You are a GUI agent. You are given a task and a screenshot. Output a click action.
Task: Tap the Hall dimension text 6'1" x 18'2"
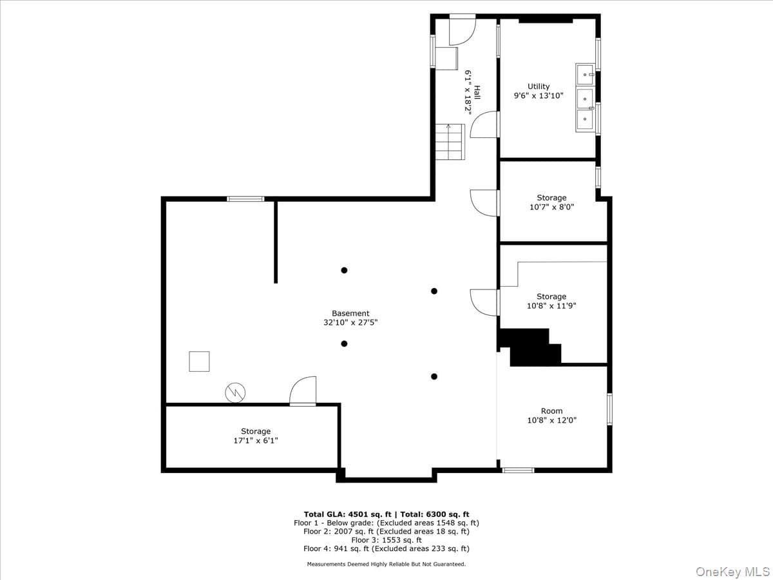468,92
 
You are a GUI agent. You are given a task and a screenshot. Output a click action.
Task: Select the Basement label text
350,313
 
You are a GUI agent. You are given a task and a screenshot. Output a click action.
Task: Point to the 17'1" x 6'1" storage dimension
256,441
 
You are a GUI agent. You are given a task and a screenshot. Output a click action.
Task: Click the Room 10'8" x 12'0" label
552,416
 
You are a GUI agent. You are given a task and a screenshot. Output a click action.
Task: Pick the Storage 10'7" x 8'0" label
552,202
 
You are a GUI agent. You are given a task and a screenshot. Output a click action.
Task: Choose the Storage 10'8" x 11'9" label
551,301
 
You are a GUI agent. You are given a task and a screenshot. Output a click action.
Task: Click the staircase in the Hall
450,142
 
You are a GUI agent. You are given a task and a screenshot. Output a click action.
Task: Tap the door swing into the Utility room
485,124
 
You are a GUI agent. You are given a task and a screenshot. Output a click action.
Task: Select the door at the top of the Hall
463,30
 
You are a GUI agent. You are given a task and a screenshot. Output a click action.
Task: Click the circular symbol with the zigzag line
235,392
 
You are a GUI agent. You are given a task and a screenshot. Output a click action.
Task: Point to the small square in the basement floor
199,362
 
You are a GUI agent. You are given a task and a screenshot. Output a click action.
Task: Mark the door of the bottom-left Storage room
303,391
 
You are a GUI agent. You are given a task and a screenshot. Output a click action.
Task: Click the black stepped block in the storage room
530,347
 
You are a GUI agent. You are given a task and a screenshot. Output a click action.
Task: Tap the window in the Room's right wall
609,409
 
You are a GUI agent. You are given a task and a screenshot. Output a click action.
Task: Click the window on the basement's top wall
245,199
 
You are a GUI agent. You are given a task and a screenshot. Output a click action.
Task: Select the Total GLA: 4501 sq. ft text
348,514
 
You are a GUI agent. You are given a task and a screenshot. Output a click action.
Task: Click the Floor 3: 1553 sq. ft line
386,540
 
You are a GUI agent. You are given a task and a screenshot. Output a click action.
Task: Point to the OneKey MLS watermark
732,571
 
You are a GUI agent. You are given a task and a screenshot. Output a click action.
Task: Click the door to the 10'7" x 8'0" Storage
485,203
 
